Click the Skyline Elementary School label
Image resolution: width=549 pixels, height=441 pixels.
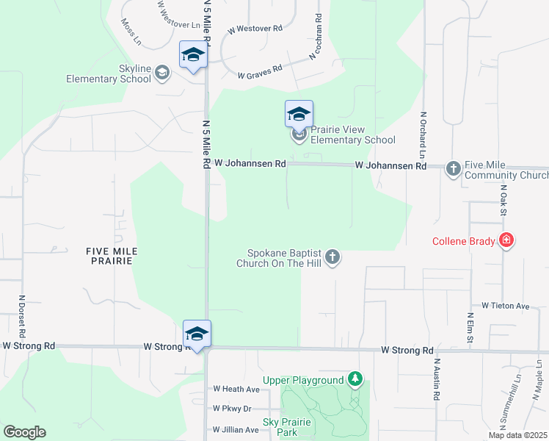point(109,73)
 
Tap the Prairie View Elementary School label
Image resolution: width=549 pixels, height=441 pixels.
point(353,135)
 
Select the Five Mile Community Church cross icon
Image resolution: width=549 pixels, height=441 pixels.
point(453,168)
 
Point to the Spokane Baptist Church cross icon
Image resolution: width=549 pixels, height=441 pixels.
point(332,256)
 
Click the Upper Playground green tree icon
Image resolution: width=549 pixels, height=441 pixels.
point(355,379)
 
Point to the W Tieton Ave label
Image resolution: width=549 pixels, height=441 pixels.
point(505,306)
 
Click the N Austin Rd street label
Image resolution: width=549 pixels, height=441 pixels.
point(436,379)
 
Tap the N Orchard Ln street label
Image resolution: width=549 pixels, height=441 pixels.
point(423,135)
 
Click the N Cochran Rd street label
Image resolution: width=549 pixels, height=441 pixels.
point(317,37)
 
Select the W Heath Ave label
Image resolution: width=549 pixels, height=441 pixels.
point(236,389)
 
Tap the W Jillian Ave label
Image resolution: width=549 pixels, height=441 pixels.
point(236,429)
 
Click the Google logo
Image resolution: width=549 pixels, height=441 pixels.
point(24,432)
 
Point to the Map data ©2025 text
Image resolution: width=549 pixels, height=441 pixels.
point(517,435)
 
